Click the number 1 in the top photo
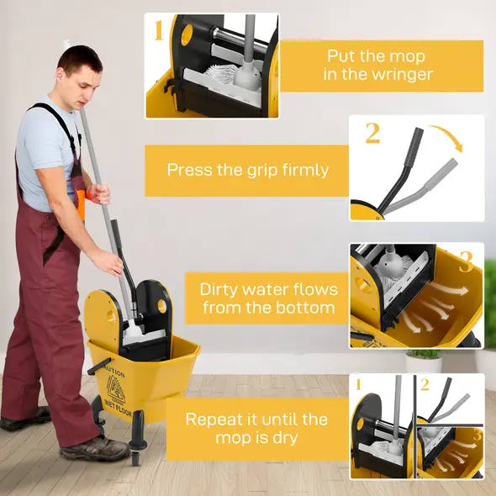(x=158, y=32)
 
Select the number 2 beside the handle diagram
(x=372, y=133)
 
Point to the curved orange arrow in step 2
(x=446, y=137)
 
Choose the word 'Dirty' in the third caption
(x=220, y=289)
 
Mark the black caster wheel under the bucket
(x=135, y=454)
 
